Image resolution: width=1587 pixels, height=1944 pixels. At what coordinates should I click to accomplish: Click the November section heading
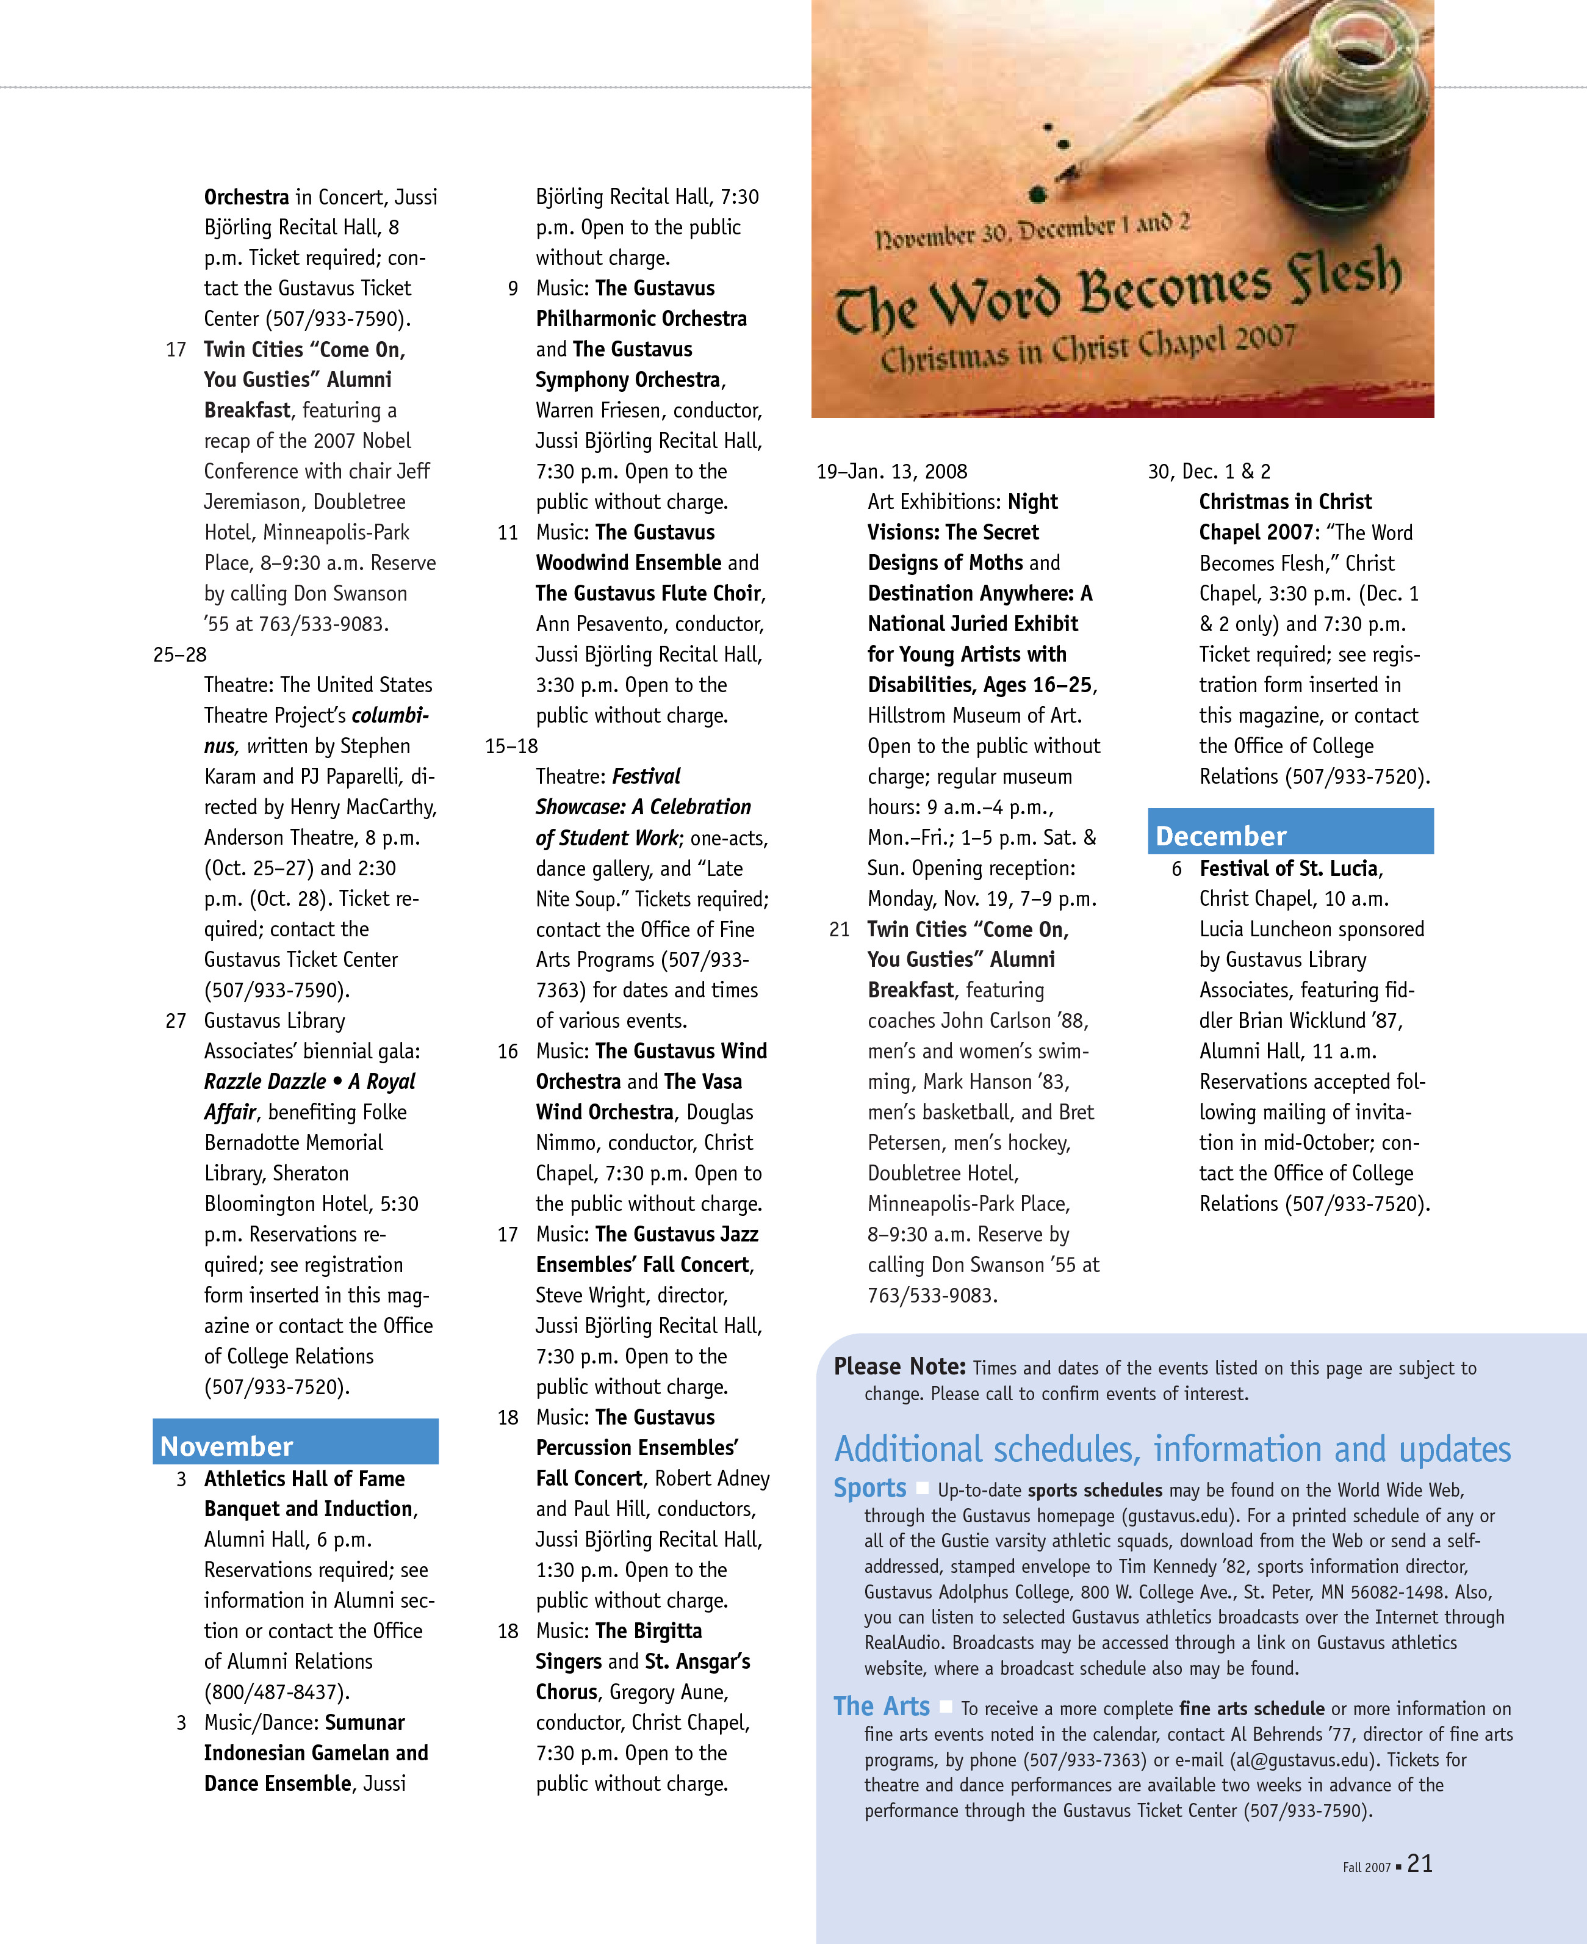tap(227, 1446)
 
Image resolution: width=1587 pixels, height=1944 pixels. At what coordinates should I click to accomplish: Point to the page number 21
tap(1420, 1863)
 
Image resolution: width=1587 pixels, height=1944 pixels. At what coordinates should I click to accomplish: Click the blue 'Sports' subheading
tap(869, 1487)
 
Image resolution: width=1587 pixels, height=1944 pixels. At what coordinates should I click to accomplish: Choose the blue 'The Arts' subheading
tap(881, 1706)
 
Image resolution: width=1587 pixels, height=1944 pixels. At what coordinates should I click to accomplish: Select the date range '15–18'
tap(511, 746)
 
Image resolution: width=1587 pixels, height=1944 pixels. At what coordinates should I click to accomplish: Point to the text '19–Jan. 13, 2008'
tap(891, 472)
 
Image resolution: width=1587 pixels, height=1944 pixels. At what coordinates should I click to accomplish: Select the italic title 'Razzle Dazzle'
tap(264, 1082)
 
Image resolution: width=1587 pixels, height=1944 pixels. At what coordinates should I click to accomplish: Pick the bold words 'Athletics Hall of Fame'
tap(304, 1478)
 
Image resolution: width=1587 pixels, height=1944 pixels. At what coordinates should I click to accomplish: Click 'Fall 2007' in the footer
tap(1366, 1867)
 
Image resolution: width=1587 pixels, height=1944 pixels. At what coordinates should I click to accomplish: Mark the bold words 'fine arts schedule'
tap(1251, 1708)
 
